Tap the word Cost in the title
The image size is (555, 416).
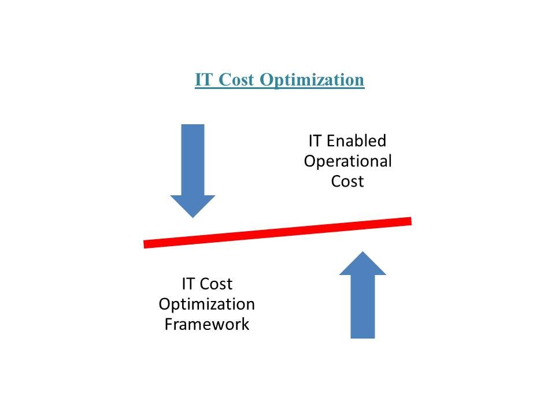click(x=236, y=79)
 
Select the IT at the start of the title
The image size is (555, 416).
click(x=205, y=79)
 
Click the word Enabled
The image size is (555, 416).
click(x=356, y=141)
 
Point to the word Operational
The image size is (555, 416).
click(x=347, y=161)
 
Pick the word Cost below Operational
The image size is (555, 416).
click(x=347, y=181)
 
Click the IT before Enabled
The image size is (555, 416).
click(x=314, y=141)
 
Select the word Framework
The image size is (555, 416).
click(x=207, y=324)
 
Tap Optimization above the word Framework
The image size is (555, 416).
click(x=207, y=304)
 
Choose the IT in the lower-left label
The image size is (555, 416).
click(x=187, y=284)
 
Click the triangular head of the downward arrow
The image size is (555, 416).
click(x=193, y=206)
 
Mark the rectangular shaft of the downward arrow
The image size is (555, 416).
click(x=193, y=160)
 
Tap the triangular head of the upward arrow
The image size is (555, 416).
click(x=362, y=263)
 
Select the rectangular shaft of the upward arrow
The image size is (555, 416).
click(x=362, y=306)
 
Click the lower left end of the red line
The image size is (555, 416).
click(x=144, y=244)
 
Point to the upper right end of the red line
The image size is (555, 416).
click(x=411, y=221)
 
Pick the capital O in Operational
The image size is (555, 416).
click(x=310, y=161)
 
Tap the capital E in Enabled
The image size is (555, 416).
click(x=331, y=141)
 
